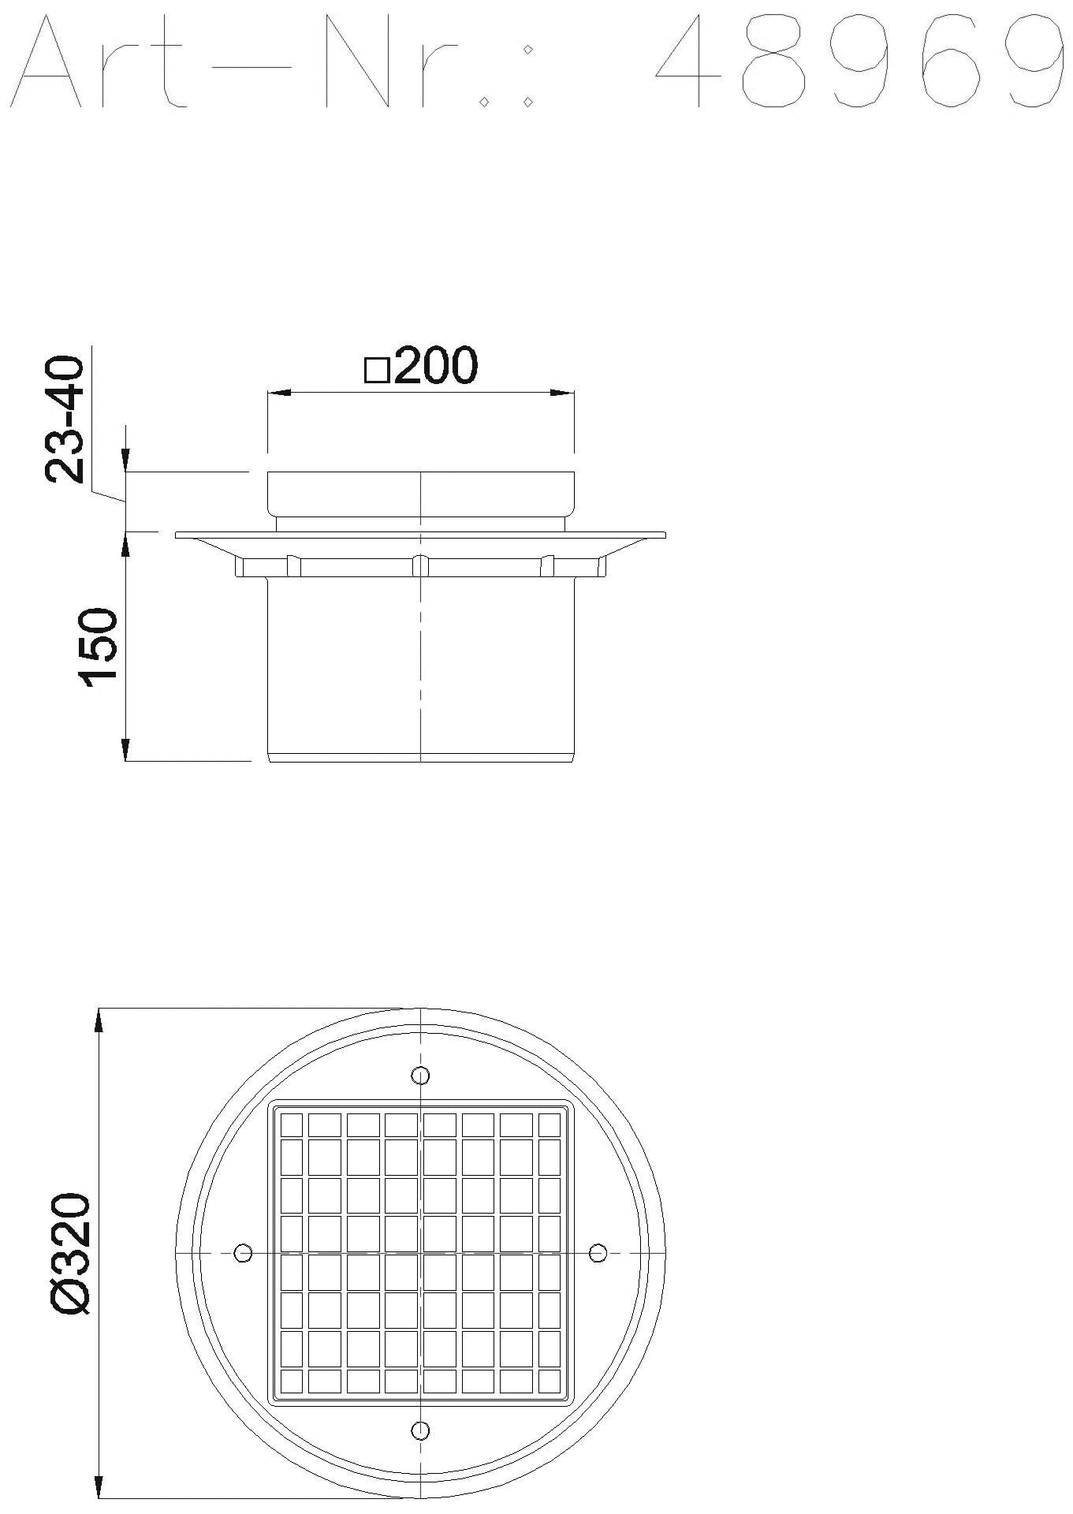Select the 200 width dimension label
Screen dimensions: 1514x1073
tap(435, 366)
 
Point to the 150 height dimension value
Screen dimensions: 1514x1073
tap(99, 647)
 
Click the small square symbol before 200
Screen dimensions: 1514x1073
tap(377, 371)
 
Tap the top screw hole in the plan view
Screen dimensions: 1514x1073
tap(421, 1075)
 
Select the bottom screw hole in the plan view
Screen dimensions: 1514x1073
tap(421, 1430)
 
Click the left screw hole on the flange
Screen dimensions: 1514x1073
tap(244, 1252)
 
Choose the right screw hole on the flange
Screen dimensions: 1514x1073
tap(598, 1252)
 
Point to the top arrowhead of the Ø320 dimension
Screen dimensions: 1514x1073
tap(99, 1020)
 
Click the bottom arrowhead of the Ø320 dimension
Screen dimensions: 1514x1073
tap(99, 1484)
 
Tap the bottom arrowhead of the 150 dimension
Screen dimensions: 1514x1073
tap(125, 750)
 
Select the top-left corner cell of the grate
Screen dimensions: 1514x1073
tap(292, 1124)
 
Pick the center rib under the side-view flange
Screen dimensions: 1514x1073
tap(421, 565)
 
